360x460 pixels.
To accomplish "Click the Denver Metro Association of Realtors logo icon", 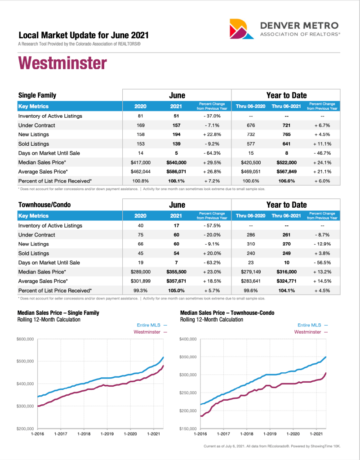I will pos(241,28).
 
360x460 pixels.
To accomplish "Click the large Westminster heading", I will pos(62,63).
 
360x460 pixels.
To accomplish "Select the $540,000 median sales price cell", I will pos(176,162).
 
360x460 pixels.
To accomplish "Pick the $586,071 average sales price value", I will pos(176,172).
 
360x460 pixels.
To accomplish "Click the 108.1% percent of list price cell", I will pos(176,181).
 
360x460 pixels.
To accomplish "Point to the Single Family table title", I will pos(37,95).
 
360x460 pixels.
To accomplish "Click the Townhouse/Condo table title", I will pos(44,205).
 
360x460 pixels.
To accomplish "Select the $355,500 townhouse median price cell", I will pos(176,272).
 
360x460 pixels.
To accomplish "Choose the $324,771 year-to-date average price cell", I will pos(286,281).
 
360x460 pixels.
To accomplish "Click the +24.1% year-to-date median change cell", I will pos(322,162).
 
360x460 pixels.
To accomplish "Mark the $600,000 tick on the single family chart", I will pos(25,339).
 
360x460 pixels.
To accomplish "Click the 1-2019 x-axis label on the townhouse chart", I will pos(270,434).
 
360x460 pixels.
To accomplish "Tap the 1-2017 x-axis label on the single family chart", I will pos(61,434).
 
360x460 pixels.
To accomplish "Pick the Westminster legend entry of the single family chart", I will pos(150,332).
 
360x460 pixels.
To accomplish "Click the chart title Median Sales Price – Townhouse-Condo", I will pos(227,313).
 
